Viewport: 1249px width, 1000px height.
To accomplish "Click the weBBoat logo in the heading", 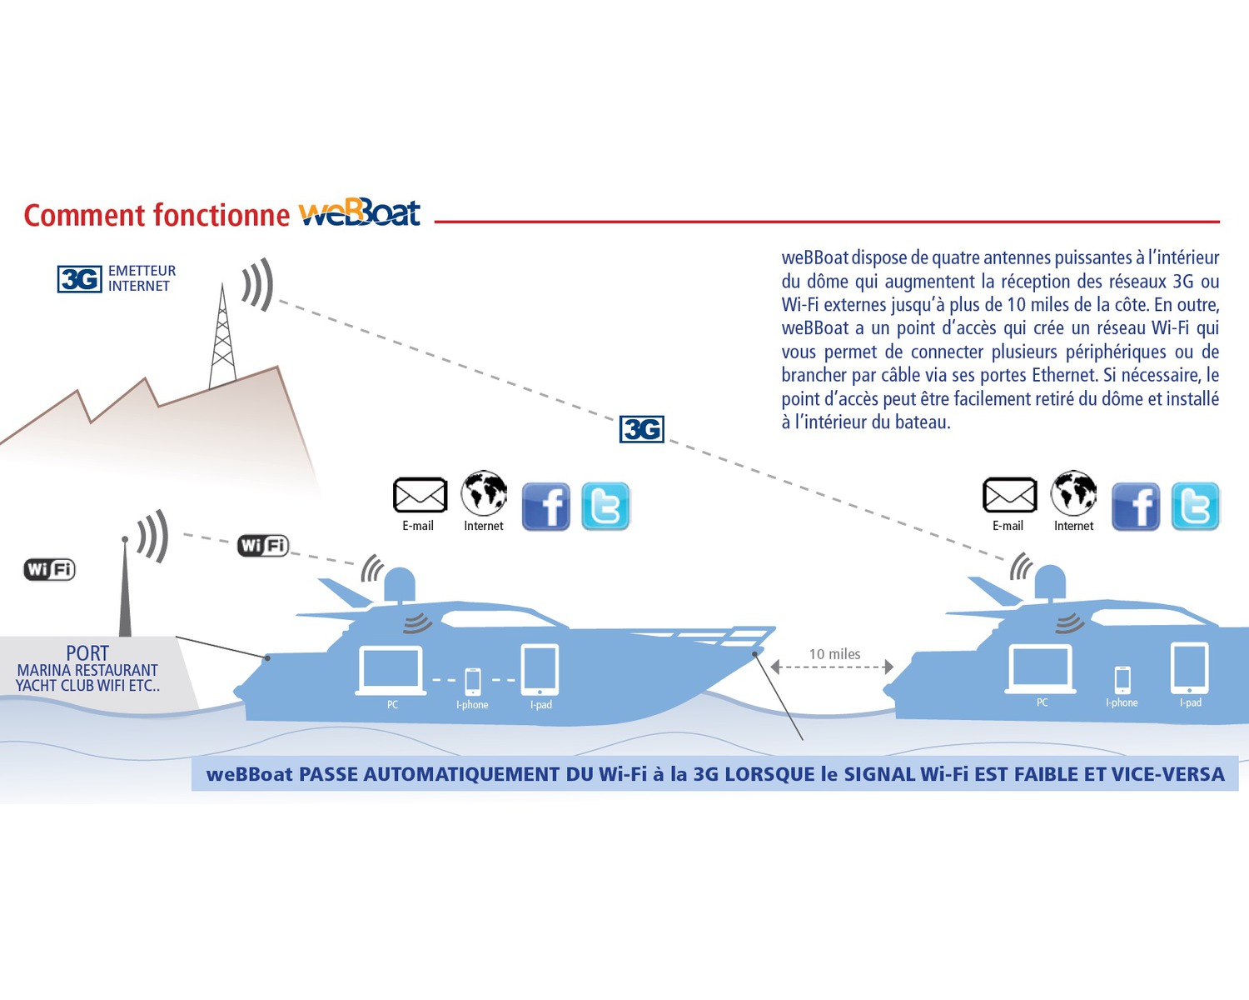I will click(x=360, y=214).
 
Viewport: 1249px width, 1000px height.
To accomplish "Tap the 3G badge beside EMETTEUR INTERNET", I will click(x=80, y=278).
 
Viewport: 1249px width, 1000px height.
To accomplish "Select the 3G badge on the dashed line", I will click(x=642, y=429).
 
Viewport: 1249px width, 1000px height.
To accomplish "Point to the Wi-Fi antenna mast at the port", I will click(x=125, y=587).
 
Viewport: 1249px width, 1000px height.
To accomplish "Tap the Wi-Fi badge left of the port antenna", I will click(x=49, y=569).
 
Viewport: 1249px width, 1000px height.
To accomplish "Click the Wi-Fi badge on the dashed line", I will click(x=263, y=545).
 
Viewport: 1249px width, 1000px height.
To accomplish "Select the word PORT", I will click(x=87, y=653).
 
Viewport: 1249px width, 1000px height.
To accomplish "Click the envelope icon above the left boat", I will click(x=420, y=495).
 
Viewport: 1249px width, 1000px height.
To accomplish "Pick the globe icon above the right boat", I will click(x=1073, y=492).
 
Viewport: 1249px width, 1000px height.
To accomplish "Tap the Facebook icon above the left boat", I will click(x=546, y=506).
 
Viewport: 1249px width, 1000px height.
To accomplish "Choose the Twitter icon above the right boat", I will click(x=1195, y=506).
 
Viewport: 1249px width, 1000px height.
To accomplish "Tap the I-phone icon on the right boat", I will click(x=1122, y=679).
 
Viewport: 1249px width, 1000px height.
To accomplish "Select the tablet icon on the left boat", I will click(x=540, y=669).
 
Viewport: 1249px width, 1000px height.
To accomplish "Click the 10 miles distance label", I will click(x=834, y=654).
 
